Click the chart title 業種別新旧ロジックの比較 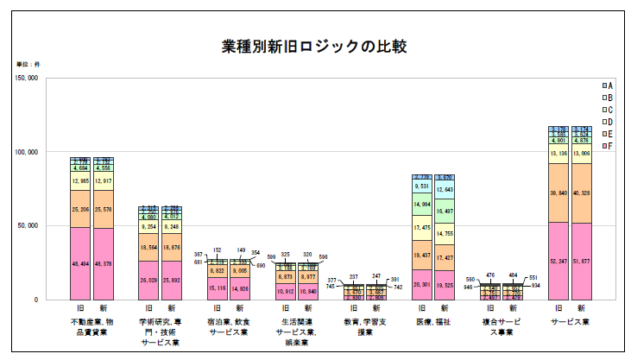pos(314,46)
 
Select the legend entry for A pos(607,86)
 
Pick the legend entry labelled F pos(607,147)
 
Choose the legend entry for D pos(607,123)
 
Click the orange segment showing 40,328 pos(582,193)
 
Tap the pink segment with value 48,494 pos(80,263)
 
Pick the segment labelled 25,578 pos(103,210)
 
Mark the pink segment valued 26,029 pos(149,280)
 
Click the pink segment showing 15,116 pos(217,288)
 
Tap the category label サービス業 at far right pos(570,321)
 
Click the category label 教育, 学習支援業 pos(365,326)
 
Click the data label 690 pos(260,265)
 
